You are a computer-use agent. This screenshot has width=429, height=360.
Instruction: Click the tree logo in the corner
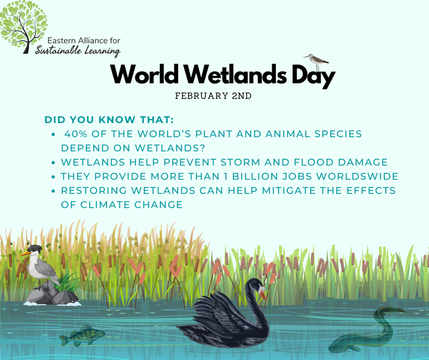click(24, 27)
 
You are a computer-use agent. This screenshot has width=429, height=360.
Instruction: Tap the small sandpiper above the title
click(316, 62)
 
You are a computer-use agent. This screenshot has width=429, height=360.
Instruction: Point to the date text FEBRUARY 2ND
click(213, 96)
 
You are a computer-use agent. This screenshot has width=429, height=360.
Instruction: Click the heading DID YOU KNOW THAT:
click(109, 120)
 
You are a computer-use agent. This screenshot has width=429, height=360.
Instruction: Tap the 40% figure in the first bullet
click(75, 134)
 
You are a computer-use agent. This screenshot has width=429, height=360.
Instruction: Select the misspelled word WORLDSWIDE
click(357, 176)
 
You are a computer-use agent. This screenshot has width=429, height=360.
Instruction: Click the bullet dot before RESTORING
click(53, 191)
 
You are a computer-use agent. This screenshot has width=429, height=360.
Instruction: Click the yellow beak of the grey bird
click(25, 253)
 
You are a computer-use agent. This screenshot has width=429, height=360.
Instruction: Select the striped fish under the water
click(82, 336)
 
